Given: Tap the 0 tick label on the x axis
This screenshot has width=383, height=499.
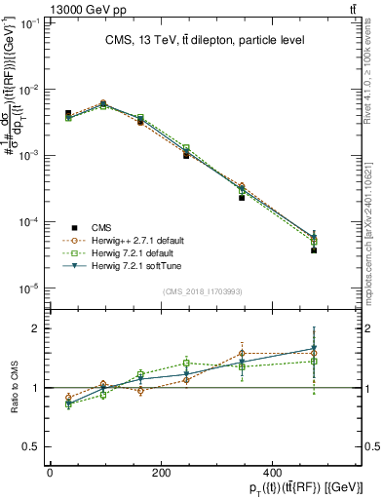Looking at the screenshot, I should tap(50, 472).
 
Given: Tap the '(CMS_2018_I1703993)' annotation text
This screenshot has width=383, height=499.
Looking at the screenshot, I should tap(203, 291).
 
